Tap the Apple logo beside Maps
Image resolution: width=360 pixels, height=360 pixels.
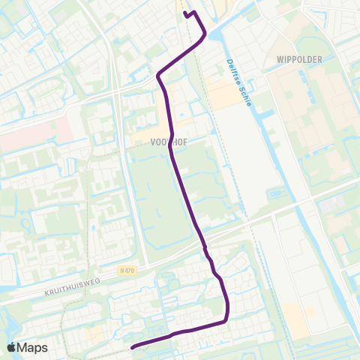point(13,347)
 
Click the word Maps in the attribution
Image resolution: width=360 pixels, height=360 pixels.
point(34,347)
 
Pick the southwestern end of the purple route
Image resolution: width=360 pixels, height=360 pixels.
point(133,347)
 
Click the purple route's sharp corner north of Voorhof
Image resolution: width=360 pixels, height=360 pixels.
point(158,76)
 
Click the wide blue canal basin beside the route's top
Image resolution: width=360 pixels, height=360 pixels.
point(214,33)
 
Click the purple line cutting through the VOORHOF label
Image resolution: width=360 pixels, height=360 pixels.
point(172,139)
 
